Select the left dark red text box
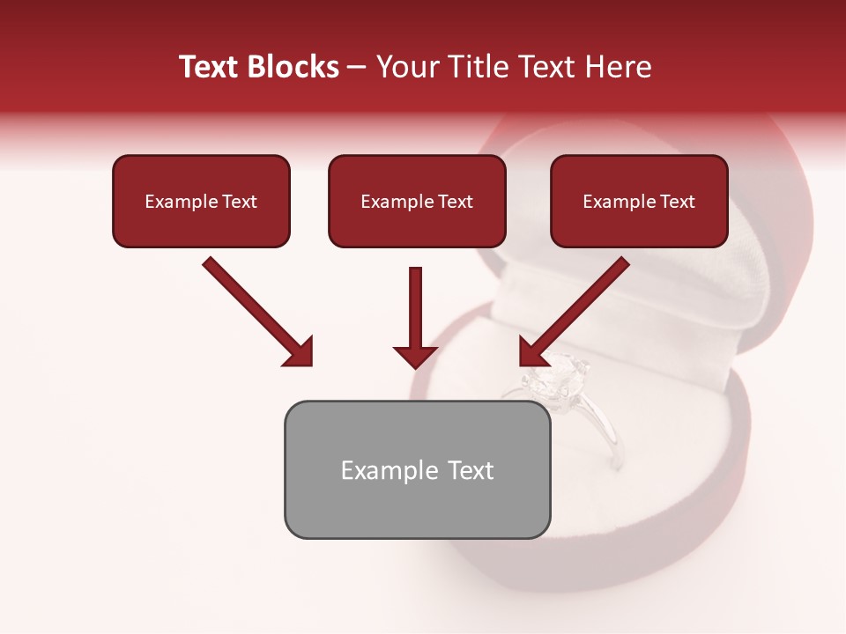click(201, 201)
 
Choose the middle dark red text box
click(417, 201)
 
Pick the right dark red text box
click(639, 201)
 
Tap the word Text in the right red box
click(677, 202)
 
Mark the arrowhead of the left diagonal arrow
click(300, 352)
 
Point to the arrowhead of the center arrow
click(415, 356)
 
